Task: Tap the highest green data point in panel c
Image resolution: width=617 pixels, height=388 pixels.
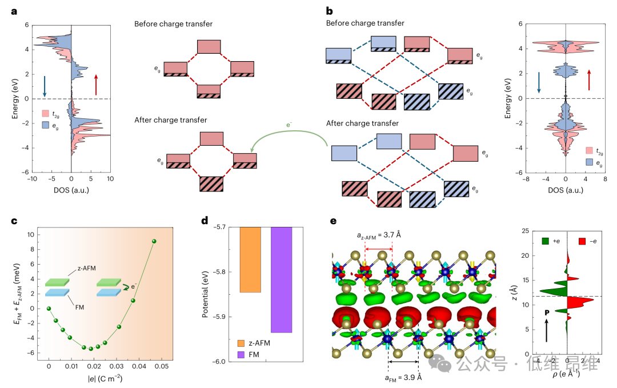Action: coord(154,241)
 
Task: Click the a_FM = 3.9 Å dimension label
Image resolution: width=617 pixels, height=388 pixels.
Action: coord(403,377)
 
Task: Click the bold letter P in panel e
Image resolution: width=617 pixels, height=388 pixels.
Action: coord(547,313)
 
